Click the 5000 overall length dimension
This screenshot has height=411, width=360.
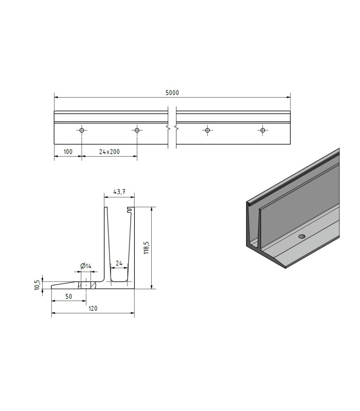(x=172, y=93)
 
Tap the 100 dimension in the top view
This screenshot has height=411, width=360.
(x=68, y=152)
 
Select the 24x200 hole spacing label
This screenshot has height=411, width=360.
(x=110, y=152)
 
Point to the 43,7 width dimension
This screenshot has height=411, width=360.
(x=119, y=192)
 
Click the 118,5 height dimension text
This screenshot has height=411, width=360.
(x=147, y=248)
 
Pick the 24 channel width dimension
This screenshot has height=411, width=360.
(x=119, y=263)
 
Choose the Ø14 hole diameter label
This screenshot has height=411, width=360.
(x=86, y=266)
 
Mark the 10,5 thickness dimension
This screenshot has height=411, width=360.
(x=37, y=285)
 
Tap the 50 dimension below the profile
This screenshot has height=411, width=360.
(x=68, y=296)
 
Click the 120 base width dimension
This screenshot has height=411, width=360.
(x=93, y=309)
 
